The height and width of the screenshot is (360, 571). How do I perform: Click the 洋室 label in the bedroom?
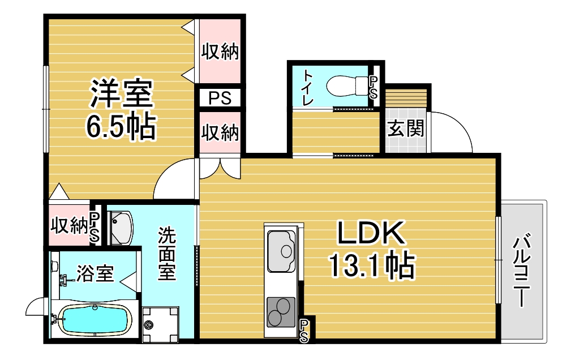pos(122,94)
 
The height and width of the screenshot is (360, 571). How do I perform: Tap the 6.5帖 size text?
pos(121,127)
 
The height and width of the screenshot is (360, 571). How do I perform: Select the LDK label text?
pos(371,233)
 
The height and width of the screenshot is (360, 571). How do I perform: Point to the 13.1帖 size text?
pos(371,265)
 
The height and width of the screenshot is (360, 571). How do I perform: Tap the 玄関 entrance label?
pos(405,128)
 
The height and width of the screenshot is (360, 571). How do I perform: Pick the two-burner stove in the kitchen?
pos(281,312)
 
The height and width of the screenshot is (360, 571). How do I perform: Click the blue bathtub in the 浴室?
pos(95,320)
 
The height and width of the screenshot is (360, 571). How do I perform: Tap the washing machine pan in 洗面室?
pos(160,325)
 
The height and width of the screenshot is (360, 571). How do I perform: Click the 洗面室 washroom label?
pos(167,254)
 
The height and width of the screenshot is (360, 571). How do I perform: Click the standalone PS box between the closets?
pos(220,98)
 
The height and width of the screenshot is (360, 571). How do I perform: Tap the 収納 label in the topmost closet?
pos(220,52)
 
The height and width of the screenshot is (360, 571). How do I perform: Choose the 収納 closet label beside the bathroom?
pos(69,225)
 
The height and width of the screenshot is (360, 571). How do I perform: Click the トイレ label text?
pos(308,88)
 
